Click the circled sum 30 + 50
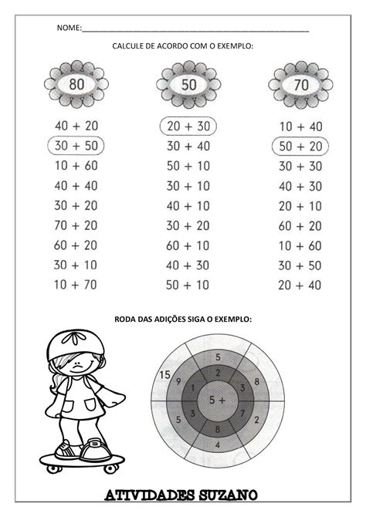pos(76,145)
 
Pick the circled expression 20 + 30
pos(188,125)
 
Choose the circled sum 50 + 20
pos(300,145)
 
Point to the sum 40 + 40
pos(76,185)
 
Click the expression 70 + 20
pos(76,225)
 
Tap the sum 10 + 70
pos(76,285)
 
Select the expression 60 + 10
pos(188,245)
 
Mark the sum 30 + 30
pos(300,165)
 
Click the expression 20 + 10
pos(300,205)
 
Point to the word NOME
pos(69,29)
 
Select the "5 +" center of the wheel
pos(218,399)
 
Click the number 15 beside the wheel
pos(162,375)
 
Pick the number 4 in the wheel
pos(218,445)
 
